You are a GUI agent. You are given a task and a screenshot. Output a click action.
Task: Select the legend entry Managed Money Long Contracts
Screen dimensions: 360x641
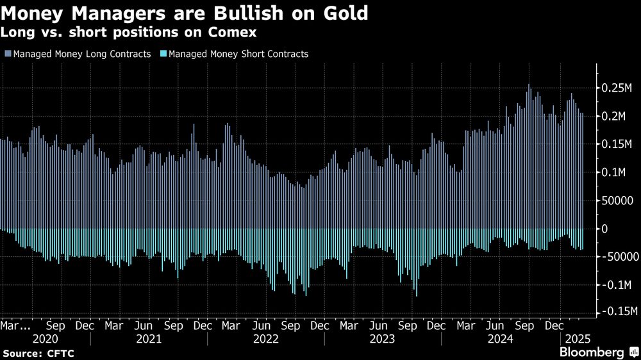tap(80, 54)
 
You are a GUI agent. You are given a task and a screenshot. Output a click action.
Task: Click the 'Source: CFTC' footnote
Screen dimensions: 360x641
tap(29, 353)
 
